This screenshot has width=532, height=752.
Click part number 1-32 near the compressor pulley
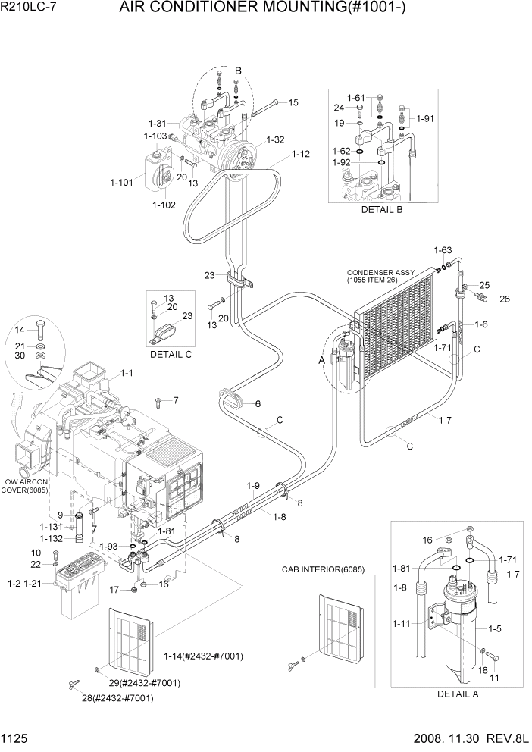tap(274, 140)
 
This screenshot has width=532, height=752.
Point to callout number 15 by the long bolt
tap(293, 102)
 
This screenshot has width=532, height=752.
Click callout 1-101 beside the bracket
tap(122, 182)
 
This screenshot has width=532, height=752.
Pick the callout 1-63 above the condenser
tap(442, 250)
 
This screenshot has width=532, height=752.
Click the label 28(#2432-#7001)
tap(117, 698)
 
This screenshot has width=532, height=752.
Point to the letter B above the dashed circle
tap(237, 70)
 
